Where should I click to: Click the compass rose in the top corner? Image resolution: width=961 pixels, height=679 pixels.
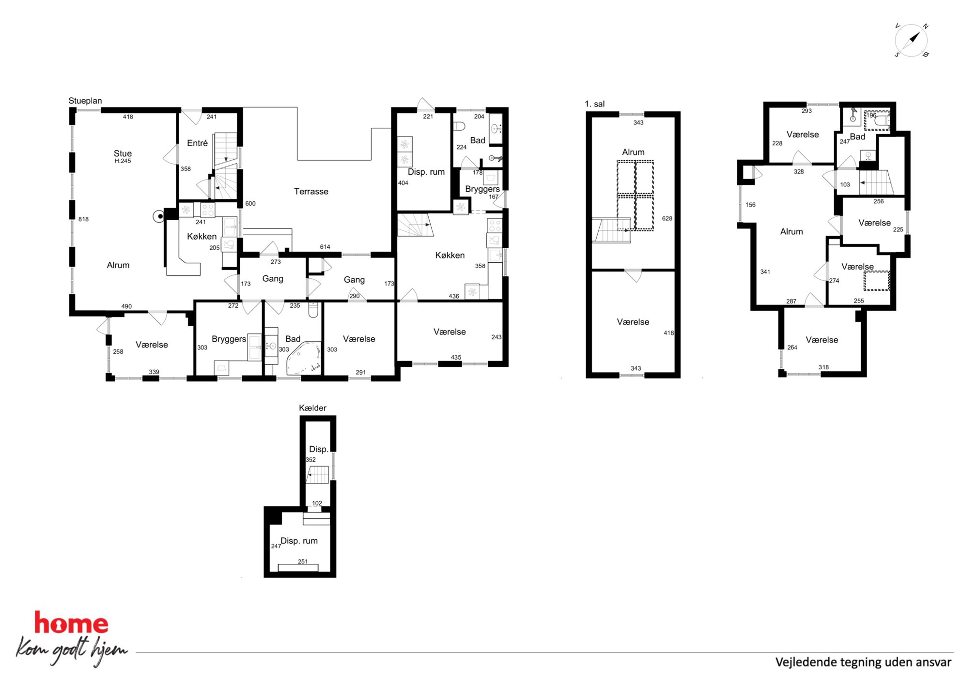(911, 40)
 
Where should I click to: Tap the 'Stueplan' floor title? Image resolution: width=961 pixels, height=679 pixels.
(85, 101)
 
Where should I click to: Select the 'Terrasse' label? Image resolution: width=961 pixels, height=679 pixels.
(311, 192)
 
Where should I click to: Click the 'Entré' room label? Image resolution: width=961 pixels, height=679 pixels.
(197, 143)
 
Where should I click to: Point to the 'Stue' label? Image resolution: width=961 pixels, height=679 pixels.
(123, 153)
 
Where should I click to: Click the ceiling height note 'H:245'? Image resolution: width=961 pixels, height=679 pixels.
(123, 161)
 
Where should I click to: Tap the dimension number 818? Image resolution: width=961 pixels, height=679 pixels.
(83, 219)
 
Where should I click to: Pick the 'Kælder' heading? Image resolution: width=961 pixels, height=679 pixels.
(312, 408)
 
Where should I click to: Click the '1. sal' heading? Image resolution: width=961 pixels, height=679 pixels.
(594, 104)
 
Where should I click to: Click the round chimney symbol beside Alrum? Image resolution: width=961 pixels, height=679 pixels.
(158, 217)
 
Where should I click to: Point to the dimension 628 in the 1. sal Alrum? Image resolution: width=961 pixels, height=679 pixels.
(667, 219)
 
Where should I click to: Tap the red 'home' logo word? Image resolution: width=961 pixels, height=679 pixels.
(71, 623)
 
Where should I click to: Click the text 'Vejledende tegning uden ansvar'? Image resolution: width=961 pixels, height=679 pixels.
(863, 662)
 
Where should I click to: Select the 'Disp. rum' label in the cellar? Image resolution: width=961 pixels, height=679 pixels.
(299, 541)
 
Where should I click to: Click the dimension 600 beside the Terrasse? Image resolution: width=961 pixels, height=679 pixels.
(250, 204)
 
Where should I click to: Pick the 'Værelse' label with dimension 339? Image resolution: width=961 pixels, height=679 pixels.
(152, 345)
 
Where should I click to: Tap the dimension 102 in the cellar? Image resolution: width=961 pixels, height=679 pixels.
(317, 503)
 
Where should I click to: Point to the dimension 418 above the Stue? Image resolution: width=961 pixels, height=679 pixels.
(128, 117)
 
